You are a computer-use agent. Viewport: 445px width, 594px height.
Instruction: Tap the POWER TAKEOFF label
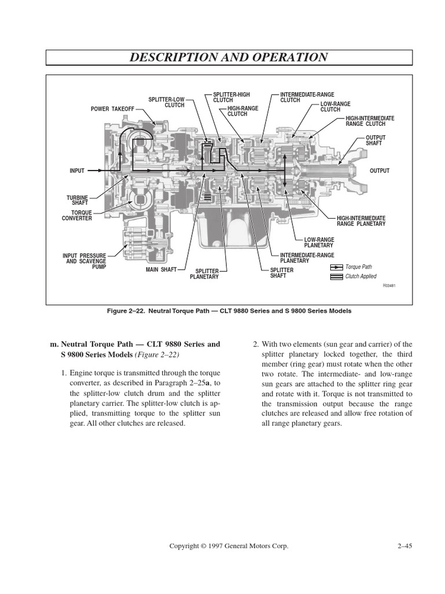(112, 108)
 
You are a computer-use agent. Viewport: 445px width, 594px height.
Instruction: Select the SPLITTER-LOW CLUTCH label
(166, 103)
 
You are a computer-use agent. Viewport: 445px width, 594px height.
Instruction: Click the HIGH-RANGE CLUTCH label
(243, 111)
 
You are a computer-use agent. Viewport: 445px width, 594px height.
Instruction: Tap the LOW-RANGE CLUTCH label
(335, 106)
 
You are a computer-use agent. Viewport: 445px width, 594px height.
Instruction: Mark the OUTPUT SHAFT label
(375, 140)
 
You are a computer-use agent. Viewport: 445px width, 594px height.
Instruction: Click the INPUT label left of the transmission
(77, 171)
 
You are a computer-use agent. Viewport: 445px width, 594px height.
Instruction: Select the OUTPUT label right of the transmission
(380, 171)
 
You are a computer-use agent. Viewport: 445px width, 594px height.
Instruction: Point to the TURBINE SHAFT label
(78, 200)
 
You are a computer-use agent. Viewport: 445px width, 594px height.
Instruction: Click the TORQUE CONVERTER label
(78, 215)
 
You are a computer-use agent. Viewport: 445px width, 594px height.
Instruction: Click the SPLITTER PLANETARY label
(204, 274)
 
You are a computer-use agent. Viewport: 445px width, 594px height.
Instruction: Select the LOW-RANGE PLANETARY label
(319, 242)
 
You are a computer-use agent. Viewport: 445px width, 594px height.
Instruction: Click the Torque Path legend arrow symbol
(337, 267)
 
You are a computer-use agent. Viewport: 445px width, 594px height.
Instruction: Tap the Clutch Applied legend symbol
(337, 277)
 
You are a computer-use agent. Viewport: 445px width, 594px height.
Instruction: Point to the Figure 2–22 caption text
(229, 311)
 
